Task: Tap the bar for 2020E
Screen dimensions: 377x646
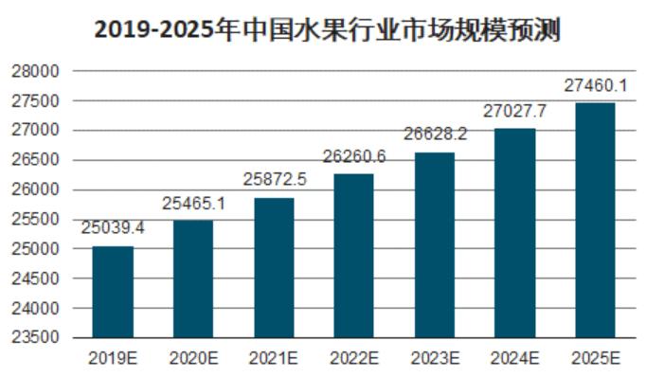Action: pyautogui.click(x=193, y=278)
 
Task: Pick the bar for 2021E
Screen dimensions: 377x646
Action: pyautogui.click(x=274, y=267)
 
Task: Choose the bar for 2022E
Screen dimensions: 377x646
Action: pyautogui.click(x=353, y=256)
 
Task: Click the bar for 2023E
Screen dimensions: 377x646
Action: pyautogui.click(x=434, y=244)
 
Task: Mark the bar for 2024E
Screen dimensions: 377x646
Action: pyautogui.click(x=514, y=233)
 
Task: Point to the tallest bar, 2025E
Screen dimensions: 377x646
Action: pyautogui.click(x=595, y=220)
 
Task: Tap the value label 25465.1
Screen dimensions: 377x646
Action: pyautogui.click(x=193, y=204)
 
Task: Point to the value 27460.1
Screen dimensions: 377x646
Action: pyautogui.click(x=595, y=86)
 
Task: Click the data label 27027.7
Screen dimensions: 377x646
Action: pyautogui.click(x=514, y=112)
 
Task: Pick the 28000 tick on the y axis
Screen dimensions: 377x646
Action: pyautogui.click(x=38, y=71)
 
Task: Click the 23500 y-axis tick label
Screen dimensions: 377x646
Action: pyautogui.click(x=38, y=338)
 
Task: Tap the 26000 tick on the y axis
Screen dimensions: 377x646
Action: pyautogui.click(x=38, y=189)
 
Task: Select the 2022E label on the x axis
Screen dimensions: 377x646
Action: pyautogui.click(x=353, y=358)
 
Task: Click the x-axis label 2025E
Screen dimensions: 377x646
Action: pyautogui.click(x=595, y=358)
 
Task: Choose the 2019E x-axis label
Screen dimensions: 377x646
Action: pyautogui.click(x=113, y=358)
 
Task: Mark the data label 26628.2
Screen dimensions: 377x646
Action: pyautogui.click(x=434, y=135)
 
